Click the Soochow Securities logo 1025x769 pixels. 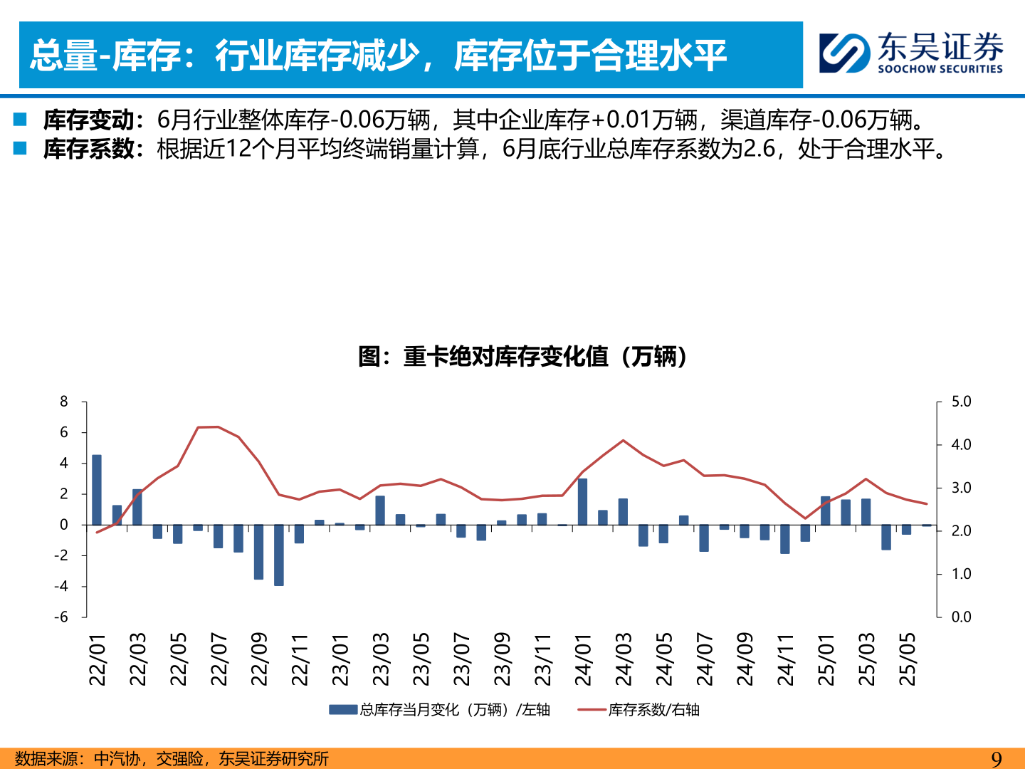[x=911, y=53]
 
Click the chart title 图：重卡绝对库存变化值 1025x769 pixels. [x=523, y=356]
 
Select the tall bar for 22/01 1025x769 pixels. [x=97, y=489]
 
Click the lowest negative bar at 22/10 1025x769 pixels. [x=279, y=555]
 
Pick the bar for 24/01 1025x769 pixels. [x=582, y=501]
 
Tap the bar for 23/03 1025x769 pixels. [x=380, y=510]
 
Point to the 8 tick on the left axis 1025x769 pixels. [x=64, y=402]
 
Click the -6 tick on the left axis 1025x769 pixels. [x=62, y=617]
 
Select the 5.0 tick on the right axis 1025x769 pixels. [x=961, y=402]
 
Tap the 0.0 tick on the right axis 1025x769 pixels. [x=961, y=617]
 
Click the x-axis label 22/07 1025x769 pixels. [x=219, y=659]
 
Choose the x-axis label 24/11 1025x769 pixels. [x=785, y=659]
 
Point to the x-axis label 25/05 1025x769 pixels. [x=907, y=659]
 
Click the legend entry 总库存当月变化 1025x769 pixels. [x=439, y=710]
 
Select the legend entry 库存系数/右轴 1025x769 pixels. [x=638, y=710]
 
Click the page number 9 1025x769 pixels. [x=997, y=759]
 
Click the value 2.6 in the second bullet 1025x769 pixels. [x=759, y=149]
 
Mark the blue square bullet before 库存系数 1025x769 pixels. [x=20, y=148]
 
